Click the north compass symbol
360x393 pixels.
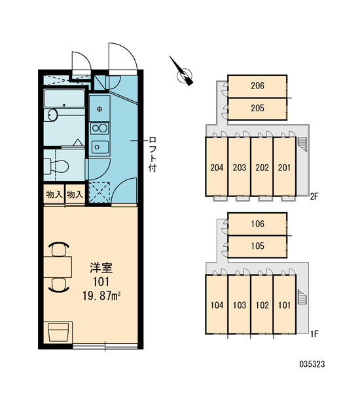click(185, 75)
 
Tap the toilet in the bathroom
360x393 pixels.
click(56, 166)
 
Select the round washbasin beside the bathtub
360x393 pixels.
click(52, 115)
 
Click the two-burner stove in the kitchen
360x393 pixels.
click(99, 128)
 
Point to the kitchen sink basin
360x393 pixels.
click(100, 147)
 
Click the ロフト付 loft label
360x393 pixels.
click(152, 154)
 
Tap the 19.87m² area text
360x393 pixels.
click(101, 296)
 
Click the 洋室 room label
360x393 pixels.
click(101, 268)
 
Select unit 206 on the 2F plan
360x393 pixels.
click(257, 86)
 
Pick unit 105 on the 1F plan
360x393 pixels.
click(257, 246)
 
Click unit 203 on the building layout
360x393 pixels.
click(240, 166)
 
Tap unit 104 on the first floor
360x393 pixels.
click(217, 305)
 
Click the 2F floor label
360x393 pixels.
click(314, 196)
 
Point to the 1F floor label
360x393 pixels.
click(314, 334)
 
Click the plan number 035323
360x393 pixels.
click(312, 364)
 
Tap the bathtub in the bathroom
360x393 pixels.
click(64, 98)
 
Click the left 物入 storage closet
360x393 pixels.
click(54, 195)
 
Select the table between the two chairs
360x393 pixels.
click(58, 267)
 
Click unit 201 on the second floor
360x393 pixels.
click(284, 166)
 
